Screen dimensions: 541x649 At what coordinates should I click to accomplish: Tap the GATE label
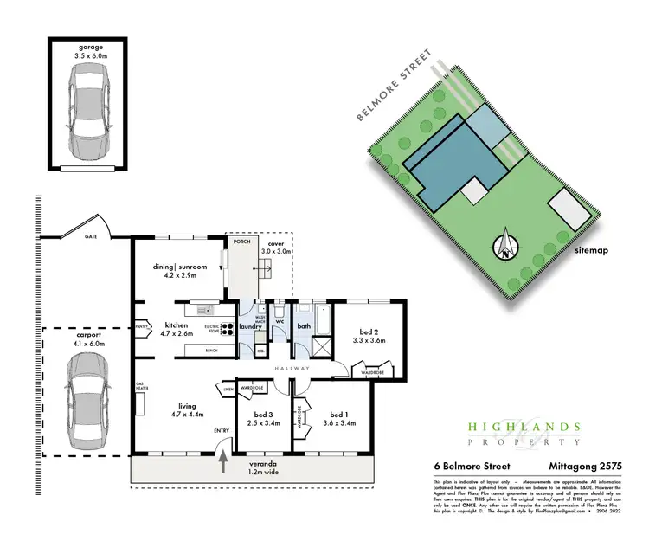90,235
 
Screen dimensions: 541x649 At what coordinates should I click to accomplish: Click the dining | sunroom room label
179,268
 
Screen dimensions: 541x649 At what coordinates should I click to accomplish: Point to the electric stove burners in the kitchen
228,328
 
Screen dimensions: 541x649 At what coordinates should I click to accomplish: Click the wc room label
279,322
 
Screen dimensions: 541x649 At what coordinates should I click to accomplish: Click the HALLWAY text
294,369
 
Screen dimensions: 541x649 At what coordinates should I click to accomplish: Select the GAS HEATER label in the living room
138,386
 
